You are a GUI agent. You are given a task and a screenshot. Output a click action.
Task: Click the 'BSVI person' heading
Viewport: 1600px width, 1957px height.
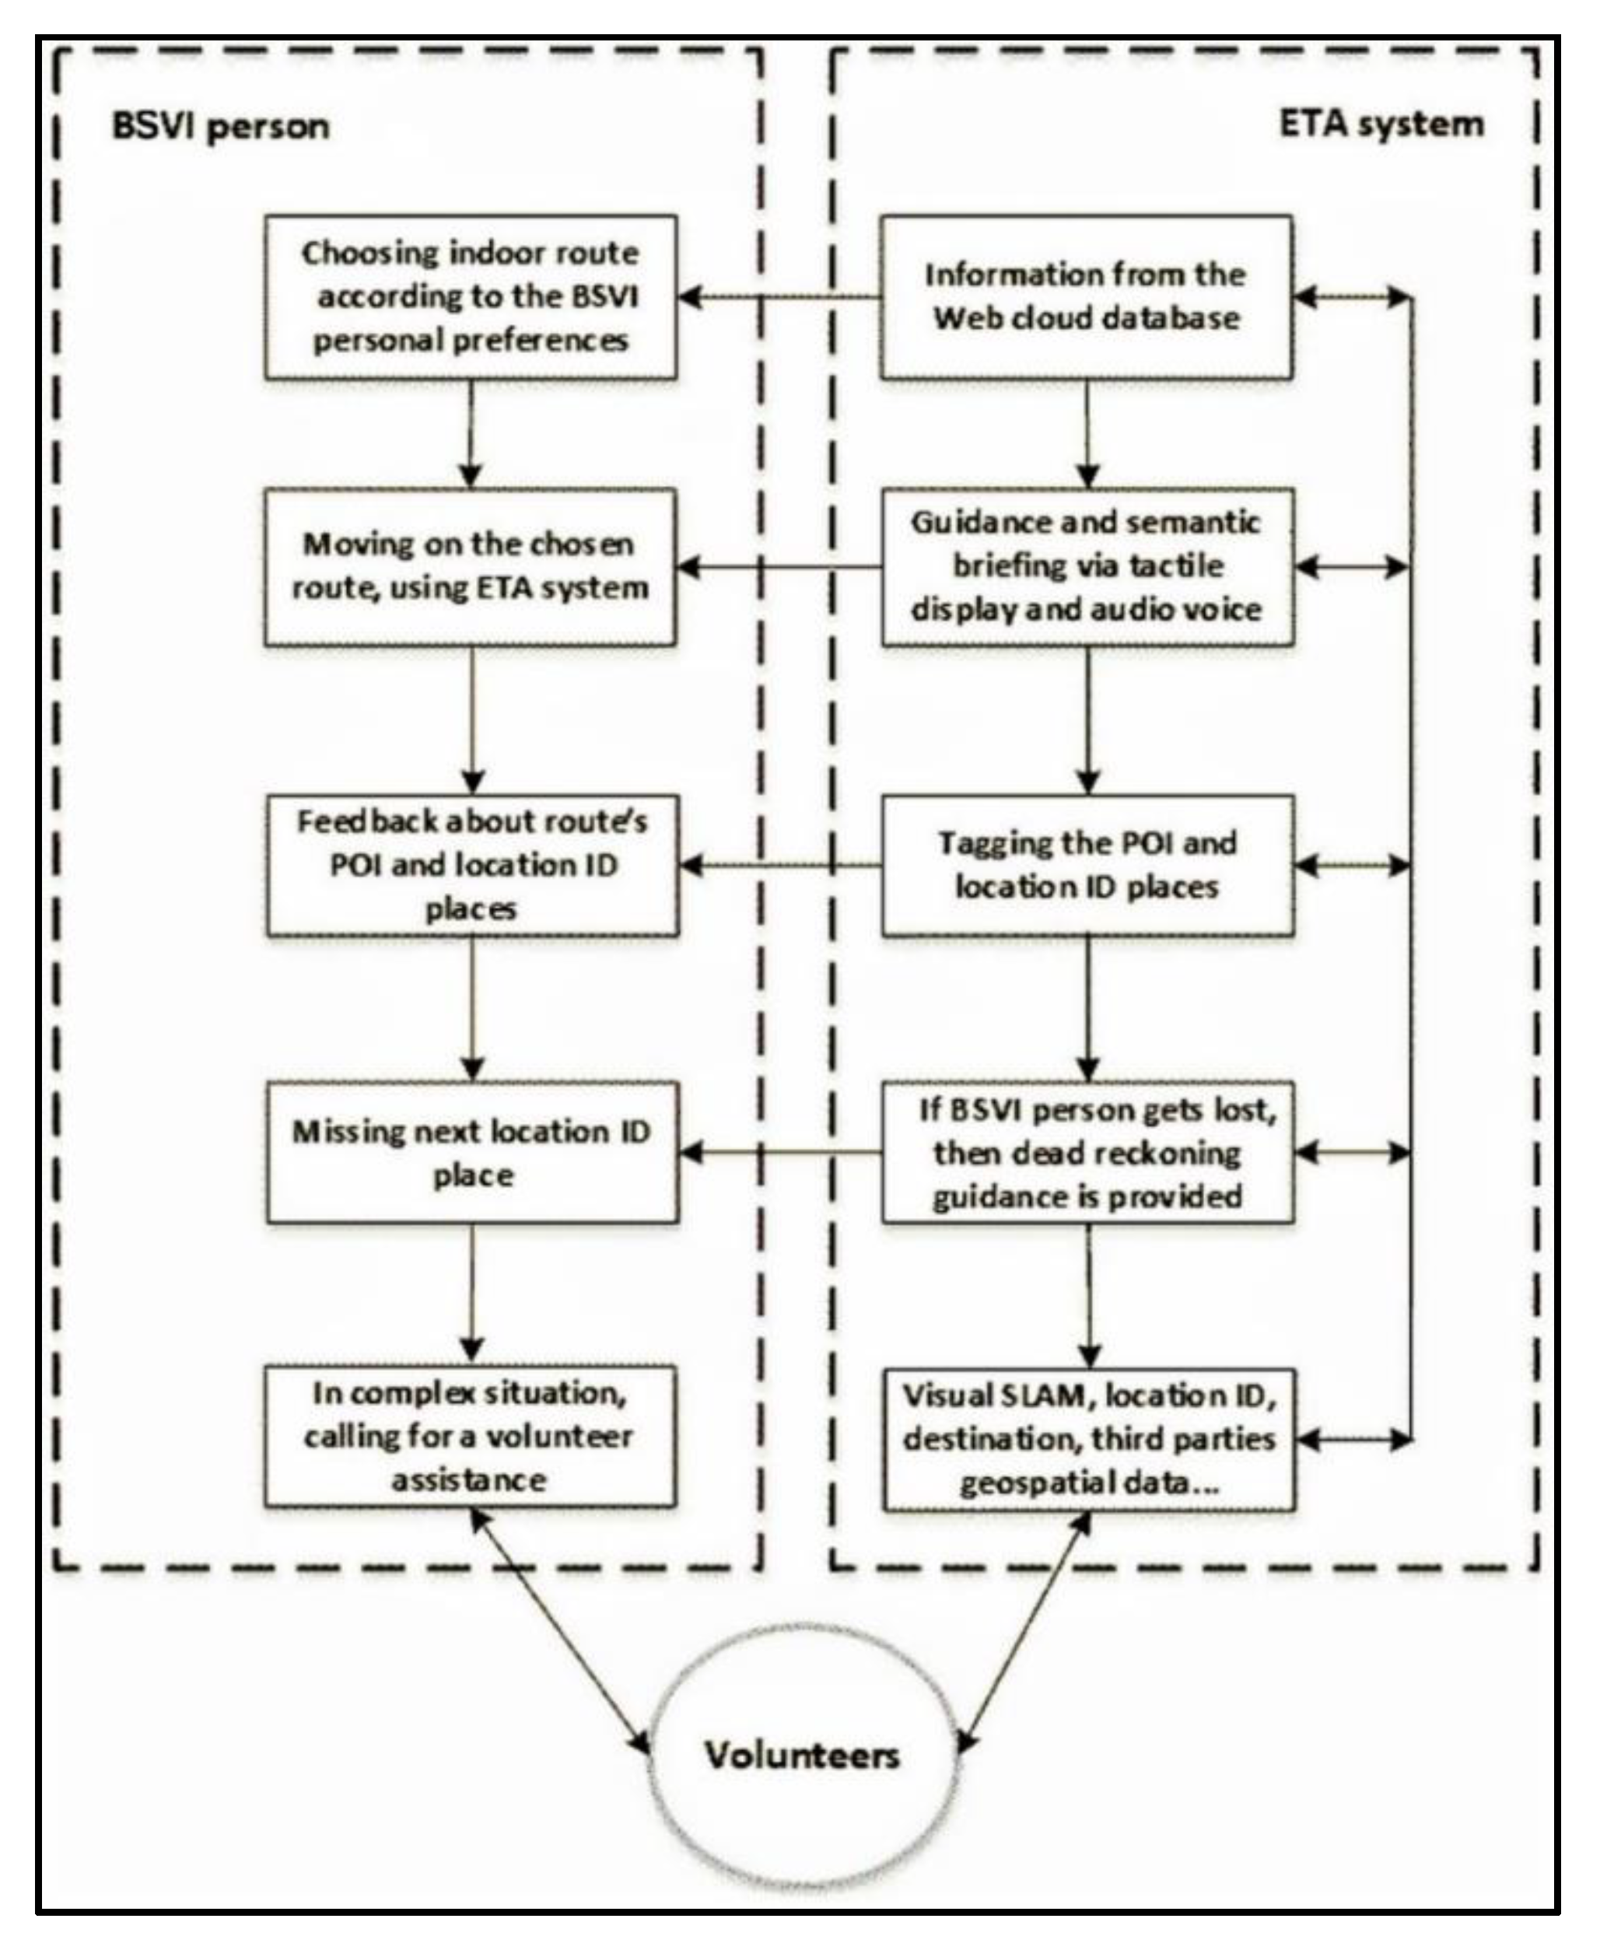(220, 126)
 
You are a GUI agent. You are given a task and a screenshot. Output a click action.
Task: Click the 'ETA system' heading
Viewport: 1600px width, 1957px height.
(1381, 124)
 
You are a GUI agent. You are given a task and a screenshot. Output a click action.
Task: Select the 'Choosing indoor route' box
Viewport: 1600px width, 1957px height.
(471, 297)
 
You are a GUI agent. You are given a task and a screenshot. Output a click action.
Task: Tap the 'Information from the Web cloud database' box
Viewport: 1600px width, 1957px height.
(1086, 297)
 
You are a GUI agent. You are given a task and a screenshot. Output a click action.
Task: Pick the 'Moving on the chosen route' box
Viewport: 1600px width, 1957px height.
(471, 566)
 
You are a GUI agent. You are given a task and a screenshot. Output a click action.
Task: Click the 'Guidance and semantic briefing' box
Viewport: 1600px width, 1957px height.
(1087, 566)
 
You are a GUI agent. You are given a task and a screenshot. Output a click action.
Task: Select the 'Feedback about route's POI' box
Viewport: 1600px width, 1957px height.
(473, 865)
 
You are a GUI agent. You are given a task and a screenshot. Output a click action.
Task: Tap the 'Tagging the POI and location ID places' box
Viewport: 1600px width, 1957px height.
(1087, 865)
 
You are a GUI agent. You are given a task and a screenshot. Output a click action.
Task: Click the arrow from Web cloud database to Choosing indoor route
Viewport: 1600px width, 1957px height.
(779, 297)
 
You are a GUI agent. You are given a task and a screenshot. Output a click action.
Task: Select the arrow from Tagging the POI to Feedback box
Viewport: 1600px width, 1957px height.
(779, 865)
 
